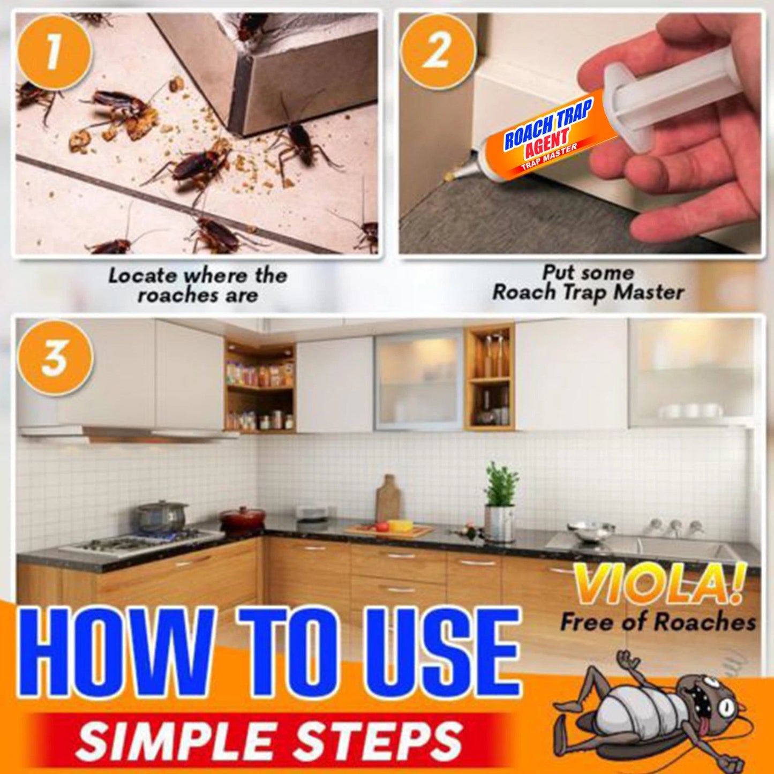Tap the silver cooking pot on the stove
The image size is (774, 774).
point(160,516)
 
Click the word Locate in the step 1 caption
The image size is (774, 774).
point(142,276)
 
